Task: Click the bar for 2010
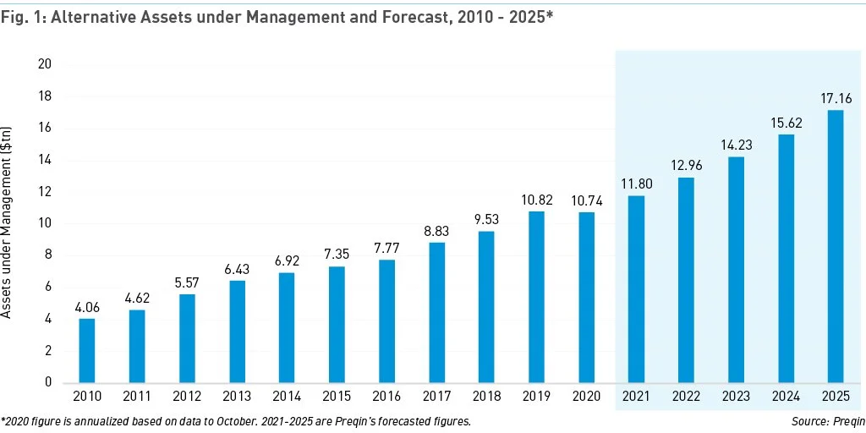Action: tap(87, 350)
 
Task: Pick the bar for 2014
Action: tap(287, 327)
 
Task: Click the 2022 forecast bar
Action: tap(686, 280)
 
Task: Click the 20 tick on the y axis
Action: tap(45, 64)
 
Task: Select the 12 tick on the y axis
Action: tap(45, 192)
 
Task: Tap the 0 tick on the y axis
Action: tap(48, 382)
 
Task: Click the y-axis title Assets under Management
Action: tap(8, 222)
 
